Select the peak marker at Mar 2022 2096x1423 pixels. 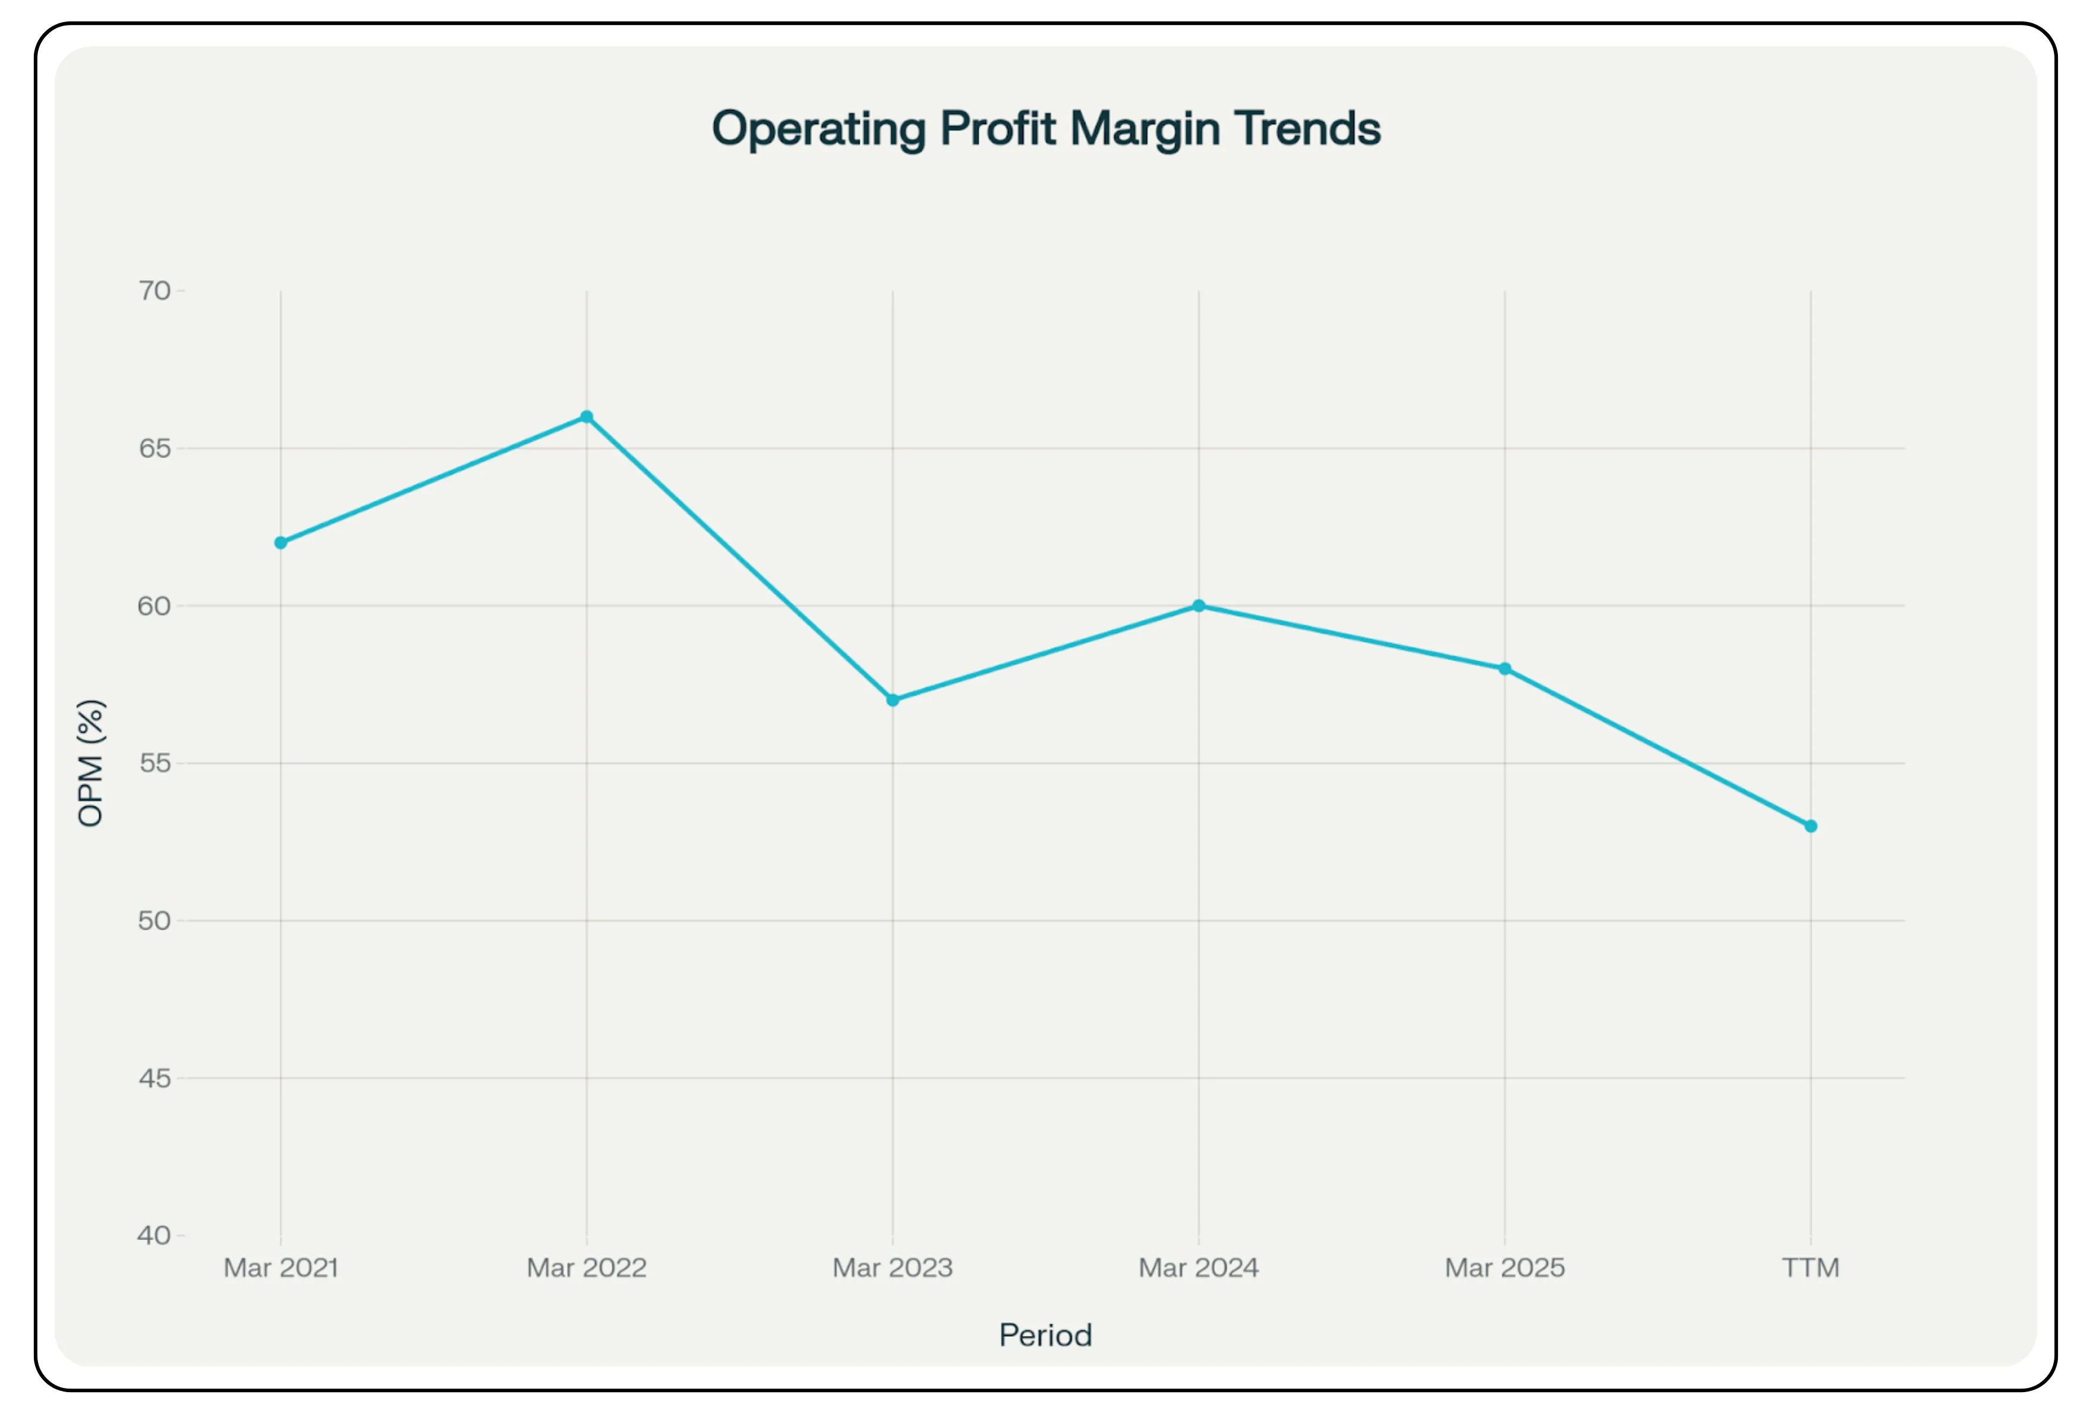[x=586, y=417]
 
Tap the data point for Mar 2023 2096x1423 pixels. [x=893, y=700]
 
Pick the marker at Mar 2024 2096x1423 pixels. [x=1199, y=606]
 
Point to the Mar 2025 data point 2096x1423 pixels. [x=1504, y=669]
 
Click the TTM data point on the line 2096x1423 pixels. [x=1810, y=826]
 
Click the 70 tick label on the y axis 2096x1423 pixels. [x=155, y=291]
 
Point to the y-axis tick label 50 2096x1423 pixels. [x=155, y=921]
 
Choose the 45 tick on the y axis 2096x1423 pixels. [x=155, y=1078]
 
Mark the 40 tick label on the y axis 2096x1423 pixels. [x=155, y=1235]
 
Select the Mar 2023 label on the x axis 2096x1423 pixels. [x=893, y=1268]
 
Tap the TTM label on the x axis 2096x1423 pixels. [x=1810, y=1268]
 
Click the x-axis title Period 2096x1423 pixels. [x=1045, y=1334]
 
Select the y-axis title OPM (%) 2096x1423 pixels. [x=91, y=763]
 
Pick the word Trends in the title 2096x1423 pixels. [x=1308, y=129]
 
